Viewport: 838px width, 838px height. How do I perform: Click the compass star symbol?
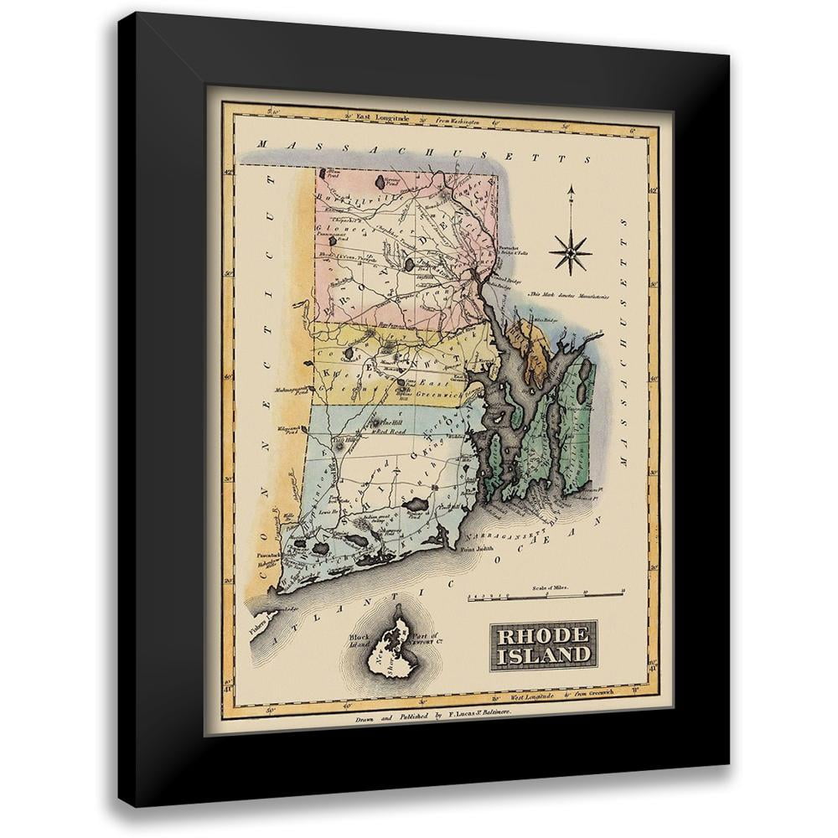tap(572, 254)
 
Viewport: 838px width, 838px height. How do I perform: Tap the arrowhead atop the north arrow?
tap(571, 192)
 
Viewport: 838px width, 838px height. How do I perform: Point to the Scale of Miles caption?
tap(550, 589)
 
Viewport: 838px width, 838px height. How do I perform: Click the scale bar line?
tap(545, 597)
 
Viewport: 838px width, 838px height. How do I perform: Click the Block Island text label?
tap(362, 643)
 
